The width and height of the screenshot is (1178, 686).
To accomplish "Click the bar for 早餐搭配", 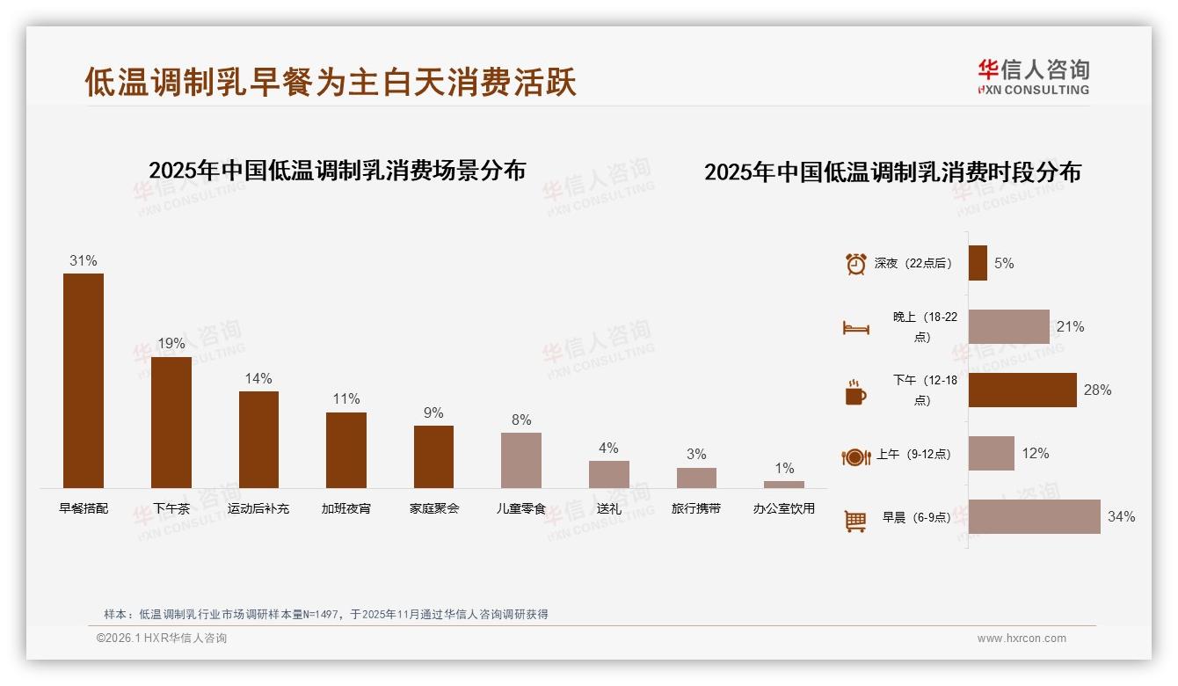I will tap(84, 380).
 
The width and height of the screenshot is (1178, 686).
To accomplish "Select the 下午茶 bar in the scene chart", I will tap(171, 422).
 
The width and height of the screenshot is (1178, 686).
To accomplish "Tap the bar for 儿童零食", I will tap(521, 460).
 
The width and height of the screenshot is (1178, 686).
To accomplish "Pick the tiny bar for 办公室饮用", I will tap(784, 485).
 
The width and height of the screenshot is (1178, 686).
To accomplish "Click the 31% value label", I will tap(84, 261).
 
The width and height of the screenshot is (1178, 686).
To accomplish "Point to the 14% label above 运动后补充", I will tap(258, 379).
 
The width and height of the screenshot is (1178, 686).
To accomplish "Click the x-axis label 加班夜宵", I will tap(346, 508).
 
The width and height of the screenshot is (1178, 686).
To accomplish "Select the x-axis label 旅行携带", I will tap(696, 508).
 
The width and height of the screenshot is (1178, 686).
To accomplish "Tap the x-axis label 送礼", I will tap(609, 508).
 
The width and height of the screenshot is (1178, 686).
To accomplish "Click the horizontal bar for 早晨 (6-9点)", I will tap(1035, 517).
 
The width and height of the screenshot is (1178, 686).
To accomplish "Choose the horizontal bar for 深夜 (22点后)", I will tap(978, 263).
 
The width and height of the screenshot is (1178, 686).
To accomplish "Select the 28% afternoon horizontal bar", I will tap(1022, 390).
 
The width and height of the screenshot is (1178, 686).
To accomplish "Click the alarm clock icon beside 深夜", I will tap(855, 264).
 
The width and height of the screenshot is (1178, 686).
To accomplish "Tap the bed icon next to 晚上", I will tap(855, 328).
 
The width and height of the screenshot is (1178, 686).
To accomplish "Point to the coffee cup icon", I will tap(855, 393).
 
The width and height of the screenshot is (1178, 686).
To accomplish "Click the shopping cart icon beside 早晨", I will tap(855, 521).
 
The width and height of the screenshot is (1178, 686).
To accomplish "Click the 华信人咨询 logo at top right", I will tap(1034, 77).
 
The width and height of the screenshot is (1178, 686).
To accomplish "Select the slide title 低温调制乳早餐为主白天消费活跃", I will tap(331, 82).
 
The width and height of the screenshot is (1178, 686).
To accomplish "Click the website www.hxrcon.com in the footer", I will tap(1022, 639).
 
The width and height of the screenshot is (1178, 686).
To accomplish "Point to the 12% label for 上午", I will tap(1036, 454).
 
